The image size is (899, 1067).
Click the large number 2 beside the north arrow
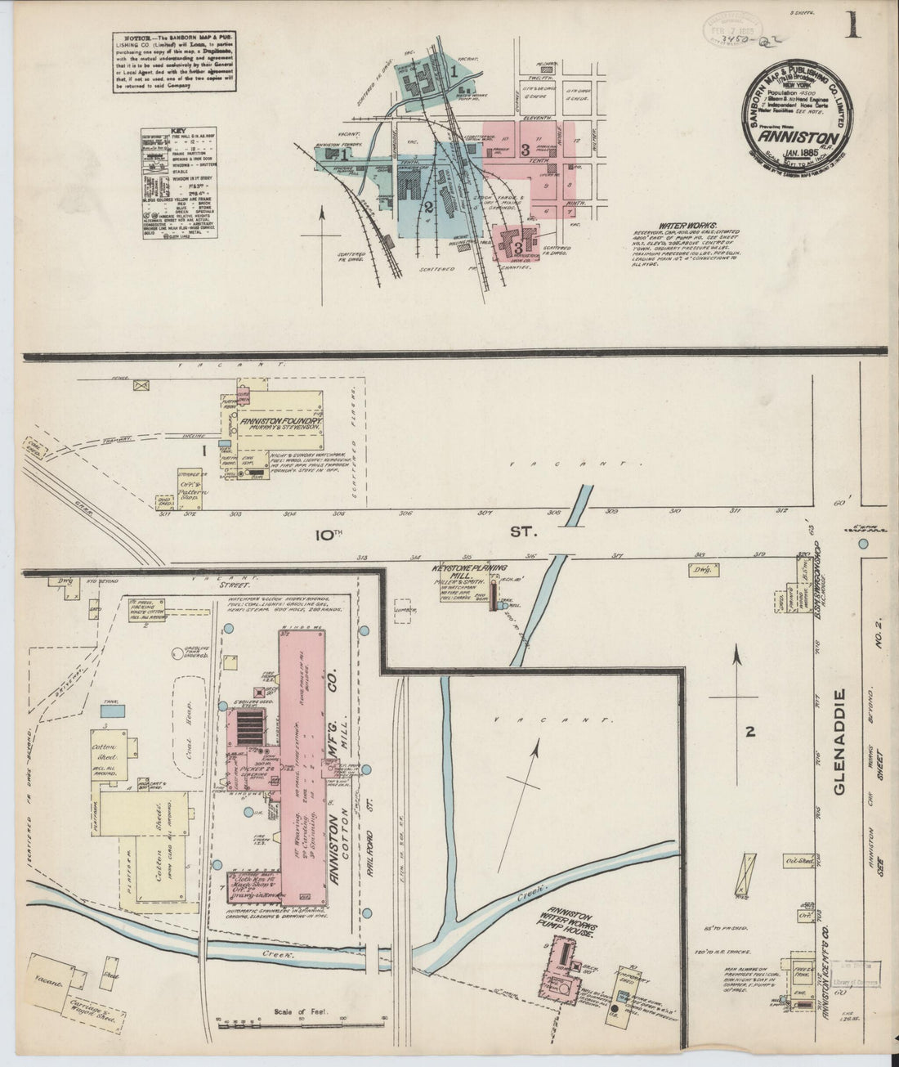pos(749,732)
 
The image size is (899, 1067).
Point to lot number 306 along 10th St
pos(405,513)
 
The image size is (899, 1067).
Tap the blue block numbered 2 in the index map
pos(427,206)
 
